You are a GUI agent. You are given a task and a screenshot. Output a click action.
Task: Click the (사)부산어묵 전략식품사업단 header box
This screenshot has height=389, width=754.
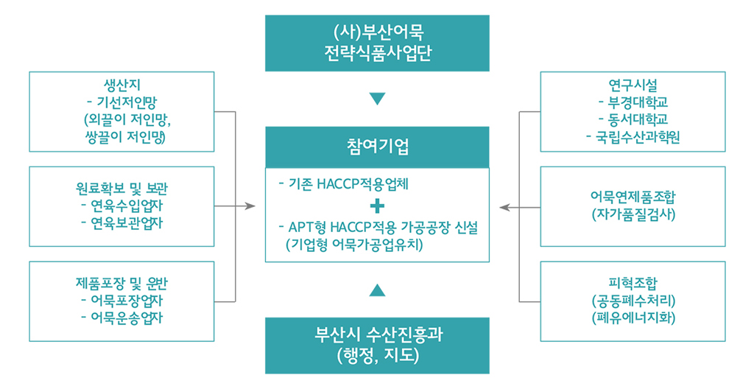(x=377, y=43)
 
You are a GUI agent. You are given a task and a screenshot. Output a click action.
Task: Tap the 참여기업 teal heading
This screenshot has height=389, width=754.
(x=377, y=147)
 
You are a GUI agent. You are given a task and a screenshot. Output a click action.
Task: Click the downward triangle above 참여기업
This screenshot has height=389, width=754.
(x=378, y=99)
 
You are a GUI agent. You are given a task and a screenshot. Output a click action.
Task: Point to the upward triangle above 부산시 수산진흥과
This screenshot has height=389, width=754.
(x=378, y=290)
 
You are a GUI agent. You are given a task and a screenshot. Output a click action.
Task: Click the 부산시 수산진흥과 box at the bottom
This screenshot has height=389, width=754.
(x=377, y=345)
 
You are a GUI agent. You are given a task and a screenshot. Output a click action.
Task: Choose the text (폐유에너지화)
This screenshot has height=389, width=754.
(x=633, y=318)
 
